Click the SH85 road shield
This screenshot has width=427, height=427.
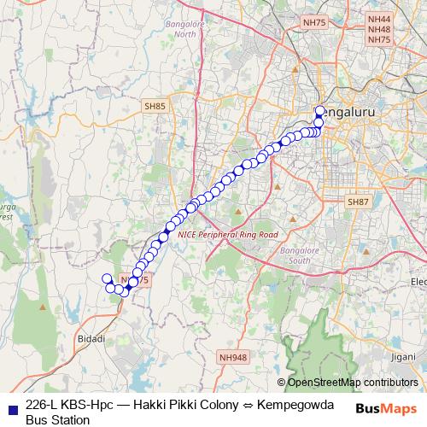click(x=155, y=106)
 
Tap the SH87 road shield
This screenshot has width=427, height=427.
click(x=357, y=202)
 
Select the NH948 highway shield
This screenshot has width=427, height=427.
click(x=231, y=358)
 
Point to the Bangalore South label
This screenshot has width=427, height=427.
click(x=297, y=254)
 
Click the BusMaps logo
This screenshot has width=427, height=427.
click(x=385, y=409)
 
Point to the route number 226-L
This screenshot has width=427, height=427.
click(x=44, y=405)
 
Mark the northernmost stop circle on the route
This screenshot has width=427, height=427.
click(x=320, y=110)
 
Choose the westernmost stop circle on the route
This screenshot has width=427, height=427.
click(x=107, y=278)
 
